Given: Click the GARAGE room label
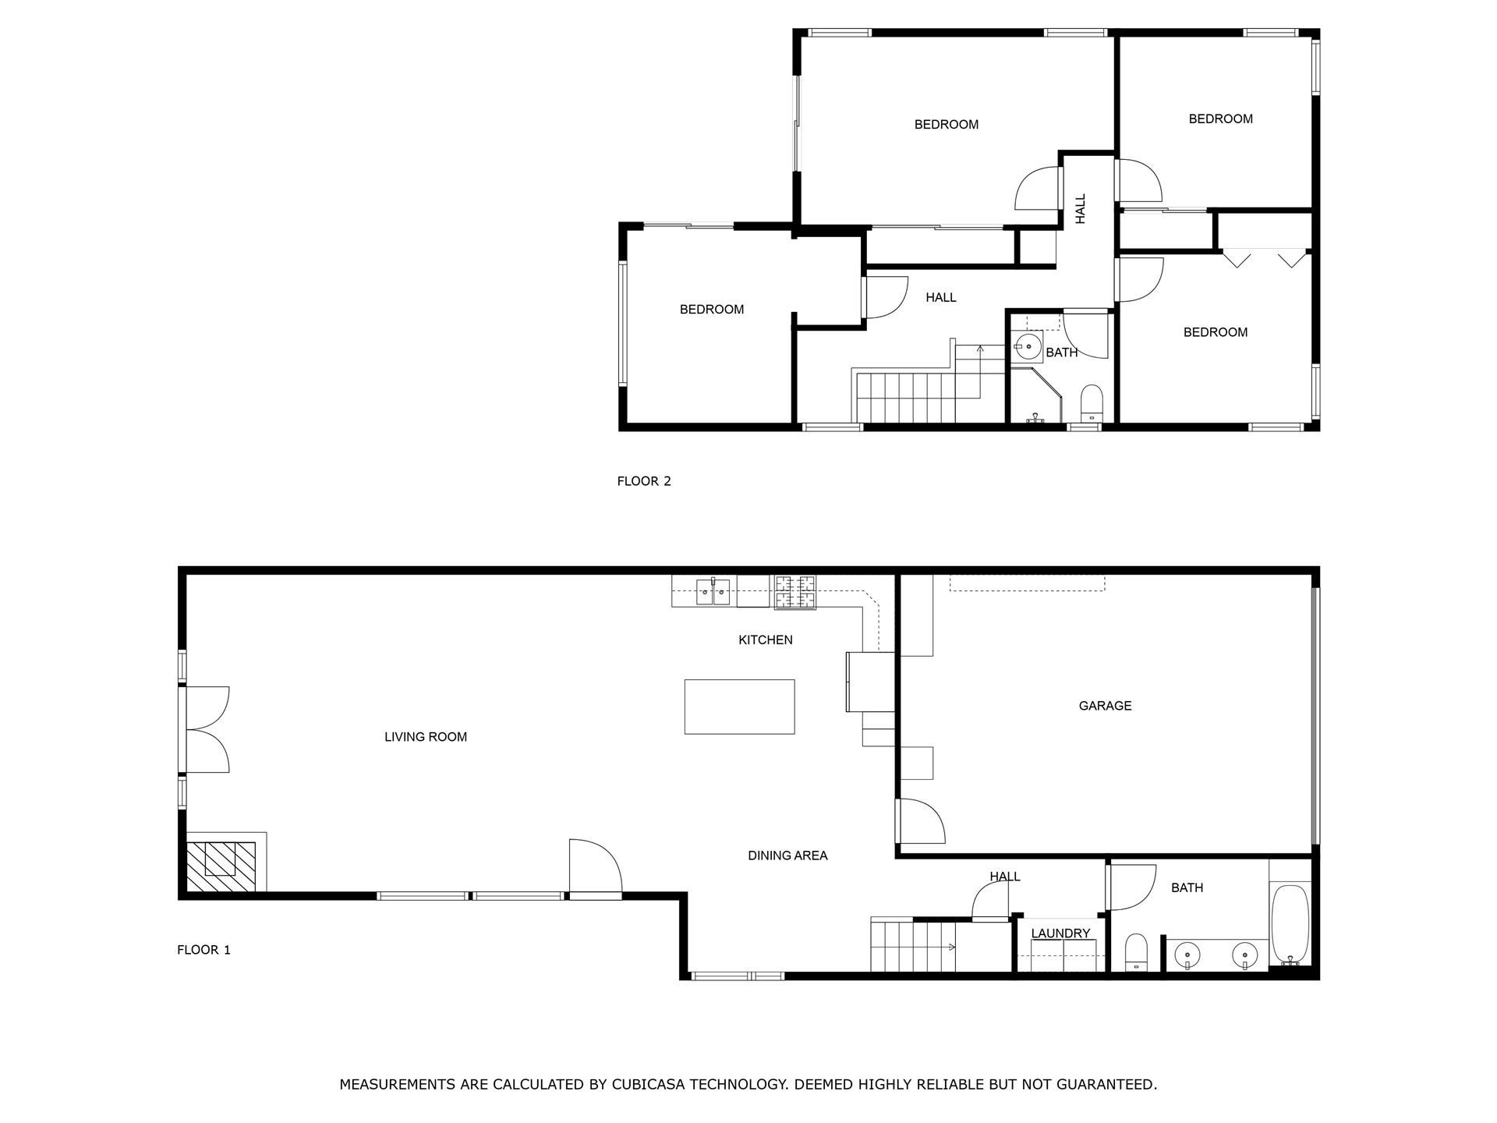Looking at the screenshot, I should (1105, 706).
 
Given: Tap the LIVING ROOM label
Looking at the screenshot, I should (426, 737).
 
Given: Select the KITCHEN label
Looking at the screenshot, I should (766, 640).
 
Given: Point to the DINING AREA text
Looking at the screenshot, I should (787, 856).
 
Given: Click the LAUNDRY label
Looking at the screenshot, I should (1060, 933).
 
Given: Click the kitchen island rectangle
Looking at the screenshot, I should (739, 707).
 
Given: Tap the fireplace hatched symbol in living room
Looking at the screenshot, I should (221, 866).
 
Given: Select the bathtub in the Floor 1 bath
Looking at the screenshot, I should (1290, 924).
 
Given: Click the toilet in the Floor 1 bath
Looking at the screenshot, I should (1137, 953).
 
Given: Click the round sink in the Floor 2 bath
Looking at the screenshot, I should (1029, 344).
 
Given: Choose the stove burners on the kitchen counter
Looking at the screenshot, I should (795, 592).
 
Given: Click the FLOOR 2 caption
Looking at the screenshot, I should (644, 481).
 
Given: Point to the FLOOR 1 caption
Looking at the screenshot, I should (204, 950).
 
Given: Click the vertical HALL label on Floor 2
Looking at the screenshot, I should (1081, 209).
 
